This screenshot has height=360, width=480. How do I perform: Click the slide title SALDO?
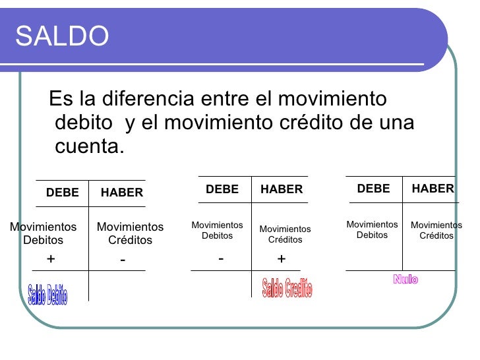(62, 37)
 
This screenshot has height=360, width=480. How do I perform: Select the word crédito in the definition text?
(314, 123)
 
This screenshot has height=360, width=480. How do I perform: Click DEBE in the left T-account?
(62, 193)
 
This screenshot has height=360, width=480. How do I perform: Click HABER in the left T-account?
(122, 193)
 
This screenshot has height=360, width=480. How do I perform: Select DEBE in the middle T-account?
(222, 189)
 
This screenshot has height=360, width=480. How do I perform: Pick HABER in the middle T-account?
(282, 189)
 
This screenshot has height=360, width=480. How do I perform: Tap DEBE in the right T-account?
(373, 189)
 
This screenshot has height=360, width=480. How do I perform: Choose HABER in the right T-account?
(433, 189)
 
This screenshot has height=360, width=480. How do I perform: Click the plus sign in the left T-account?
(51, 260)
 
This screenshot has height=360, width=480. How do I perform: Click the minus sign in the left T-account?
(123, 261)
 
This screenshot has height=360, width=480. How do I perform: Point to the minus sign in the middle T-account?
(221, 258)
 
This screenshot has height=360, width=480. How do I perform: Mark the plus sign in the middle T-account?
(282, 259)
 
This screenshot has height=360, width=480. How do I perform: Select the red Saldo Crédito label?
(287, 287)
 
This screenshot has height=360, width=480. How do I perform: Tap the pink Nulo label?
(405, 280)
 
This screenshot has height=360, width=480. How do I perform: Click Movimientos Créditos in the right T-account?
(436, 230)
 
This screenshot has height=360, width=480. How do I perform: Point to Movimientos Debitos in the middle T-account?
(217, 230)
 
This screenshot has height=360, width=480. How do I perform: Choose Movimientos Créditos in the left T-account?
(130, 233)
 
